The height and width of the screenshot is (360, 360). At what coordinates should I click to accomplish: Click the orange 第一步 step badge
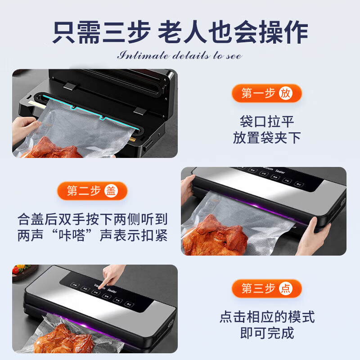pyautogui.click(x=266, y=93)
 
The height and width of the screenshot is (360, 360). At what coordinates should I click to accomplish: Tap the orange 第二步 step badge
pyautogui.click(x=92, y=191)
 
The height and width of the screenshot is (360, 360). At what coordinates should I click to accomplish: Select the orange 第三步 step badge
pyautogui.click(x=266, y=288)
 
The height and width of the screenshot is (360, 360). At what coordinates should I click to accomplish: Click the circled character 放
pyautogui.click(x=285, y=93)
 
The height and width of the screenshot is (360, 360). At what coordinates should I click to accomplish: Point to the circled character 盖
pyautogui.click(x=111, y=191)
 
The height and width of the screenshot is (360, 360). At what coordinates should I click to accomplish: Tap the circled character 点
pyautogui.click(x=285, y=288)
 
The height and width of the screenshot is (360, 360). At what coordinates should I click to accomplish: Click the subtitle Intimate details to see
pyautogui.click(x=180, y=56)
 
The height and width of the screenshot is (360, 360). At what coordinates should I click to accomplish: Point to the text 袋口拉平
pyautogui.click(x=267, y=121)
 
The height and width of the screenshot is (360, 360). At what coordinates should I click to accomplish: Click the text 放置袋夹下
pyautogui.click(x=267, y=137)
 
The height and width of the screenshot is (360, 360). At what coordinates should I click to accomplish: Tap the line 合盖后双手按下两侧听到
pyautogui.click(x=93, y=219)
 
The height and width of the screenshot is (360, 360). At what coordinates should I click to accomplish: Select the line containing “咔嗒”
pyautogui.click(x=93, y=235)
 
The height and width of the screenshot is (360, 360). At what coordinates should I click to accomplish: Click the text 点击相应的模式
pyautogui.click(x=267, y=316)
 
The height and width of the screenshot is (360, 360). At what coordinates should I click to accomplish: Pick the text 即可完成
pyautogui.click(x=267, y=333)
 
